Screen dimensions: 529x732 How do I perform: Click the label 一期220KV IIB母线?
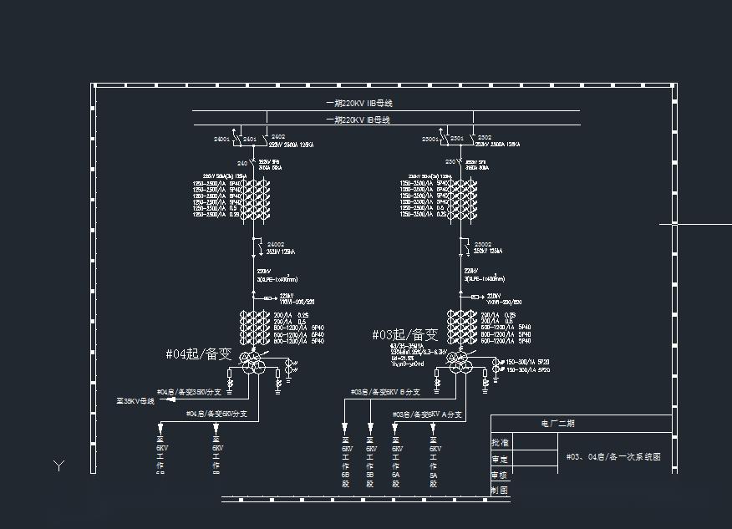click(358, 104)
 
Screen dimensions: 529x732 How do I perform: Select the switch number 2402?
click(278, 137)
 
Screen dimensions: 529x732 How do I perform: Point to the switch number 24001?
click(221, 138)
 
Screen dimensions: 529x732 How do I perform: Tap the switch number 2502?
click(485, 137)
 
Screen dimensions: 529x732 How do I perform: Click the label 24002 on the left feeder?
click(276, 244)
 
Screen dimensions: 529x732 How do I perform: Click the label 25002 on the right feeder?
click(483, 244)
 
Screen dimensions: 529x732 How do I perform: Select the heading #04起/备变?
click(198, 354)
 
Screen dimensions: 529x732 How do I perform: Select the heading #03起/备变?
click(405, 335)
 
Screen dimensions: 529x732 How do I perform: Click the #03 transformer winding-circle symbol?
click(457, 362)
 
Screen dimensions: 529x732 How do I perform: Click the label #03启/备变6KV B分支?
click(385, 391)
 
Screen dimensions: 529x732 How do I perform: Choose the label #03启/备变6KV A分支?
click(428, 414)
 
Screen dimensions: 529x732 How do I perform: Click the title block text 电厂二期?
click(558, 424)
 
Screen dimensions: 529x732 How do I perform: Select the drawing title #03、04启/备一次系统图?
click(613, 457)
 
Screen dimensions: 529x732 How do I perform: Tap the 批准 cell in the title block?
click(500, 443)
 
